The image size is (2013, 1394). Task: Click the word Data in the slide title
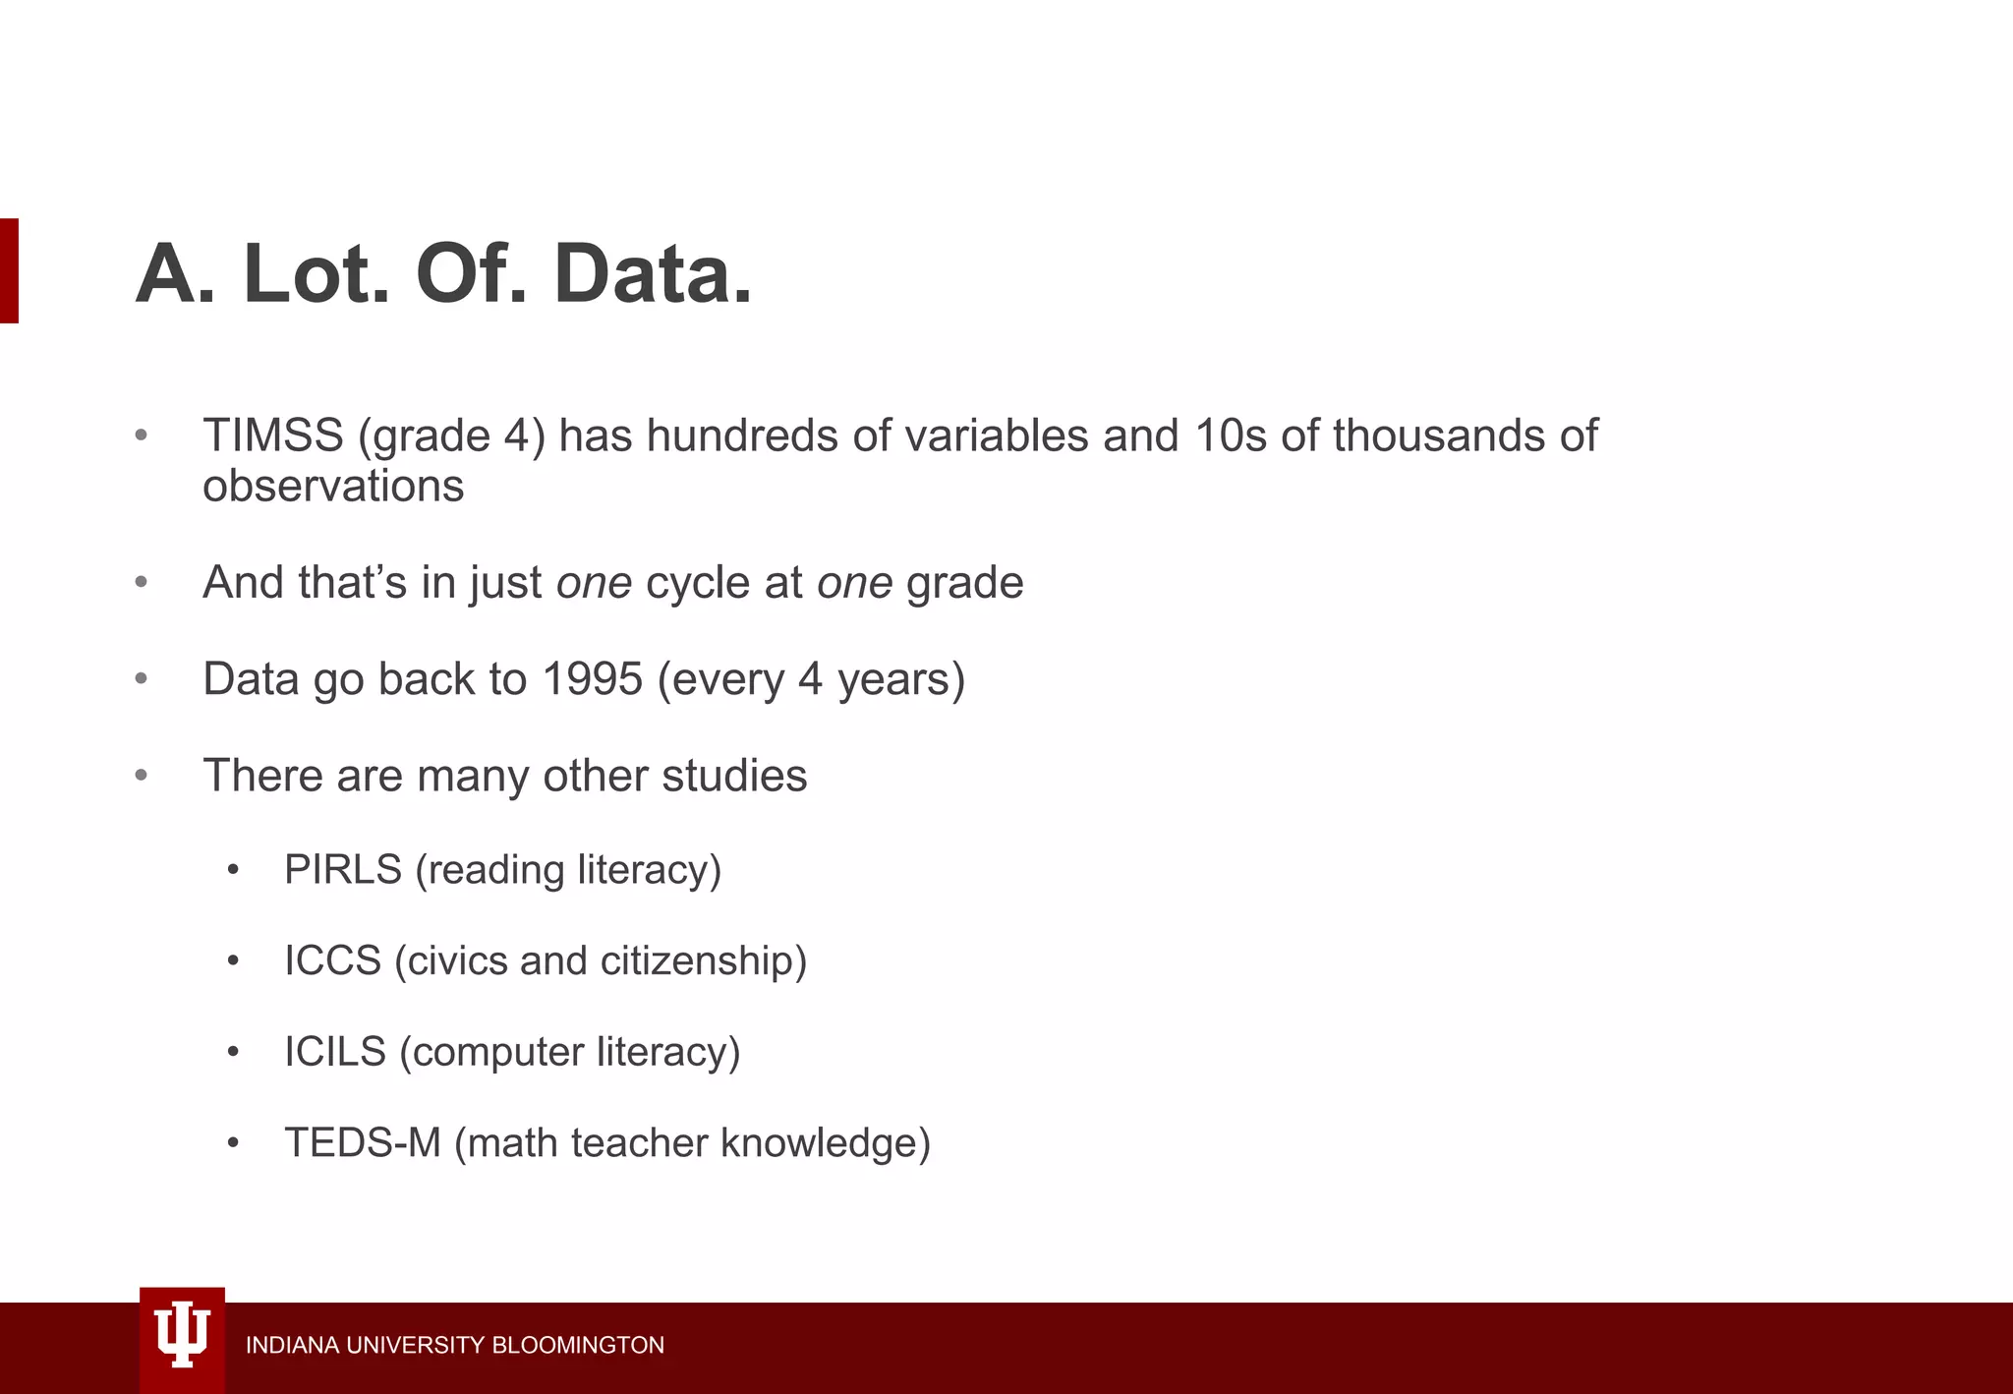tap(653, 274)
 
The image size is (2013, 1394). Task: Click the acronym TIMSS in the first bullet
tap(273, 436)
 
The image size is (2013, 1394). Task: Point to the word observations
tap(333, 487)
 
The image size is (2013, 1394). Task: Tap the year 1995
tap(592, 679)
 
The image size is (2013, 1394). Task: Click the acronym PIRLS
tap(343, 870)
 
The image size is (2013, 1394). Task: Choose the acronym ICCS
tap(332, 960)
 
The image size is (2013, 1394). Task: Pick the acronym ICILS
tap(335, 1052)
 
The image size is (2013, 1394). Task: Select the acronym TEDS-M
tap(362, 1143)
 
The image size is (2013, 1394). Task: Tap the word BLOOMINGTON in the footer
tap(578, 1345)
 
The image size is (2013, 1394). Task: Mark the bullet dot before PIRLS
tap(233, 871)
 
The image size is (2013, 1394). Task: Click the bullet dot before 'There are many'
tap(142, 777)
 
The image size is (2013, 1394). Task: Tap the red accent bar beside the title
tap(9, 270)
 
